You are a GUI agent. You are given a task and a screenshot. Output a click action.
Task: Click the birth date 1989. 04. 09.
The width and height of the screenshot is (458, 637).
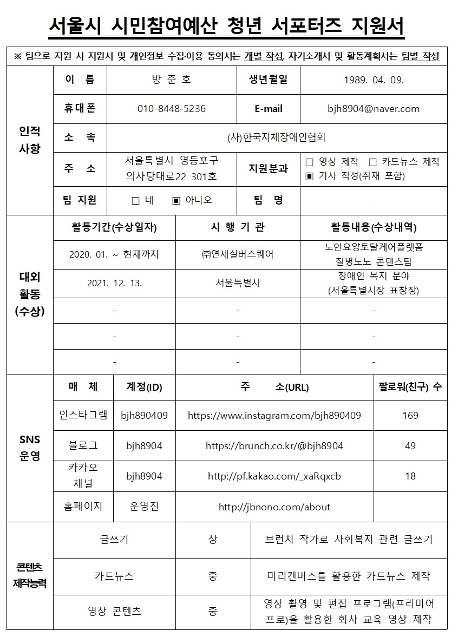[x=374, y=80]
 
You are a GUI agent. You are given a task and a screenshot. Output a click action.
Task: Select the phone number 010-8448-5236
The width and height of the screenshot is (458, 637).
[x=171, y=109]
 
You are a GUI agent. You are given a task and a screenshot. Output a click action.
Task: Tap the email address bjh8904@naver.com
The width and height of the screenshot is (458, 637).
[x=374, y=109]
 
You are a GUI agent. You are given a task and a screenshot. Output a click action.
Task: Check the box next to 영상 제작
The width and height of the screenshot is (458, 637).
[x=310, y=162]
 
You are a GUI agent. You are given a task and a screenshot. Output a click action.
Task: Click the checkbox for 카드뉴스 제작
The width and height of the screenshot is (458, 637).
[x=372, y=162]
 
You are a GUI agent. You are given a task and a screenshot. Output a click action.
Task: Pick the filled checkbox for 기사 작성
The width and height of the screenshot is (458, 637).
[x=310, y=176]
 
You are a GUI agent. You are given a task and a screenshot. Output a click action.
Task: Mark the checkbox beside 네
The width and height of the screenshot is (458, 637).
[x=135, y=201]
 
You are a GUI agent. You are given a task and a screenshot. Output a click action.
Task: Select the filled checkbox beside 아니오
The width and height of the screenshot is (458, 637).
[x=176, y=201]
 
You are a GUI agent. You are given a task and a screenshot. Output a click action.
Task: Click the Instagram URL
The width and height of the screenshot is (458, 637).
[x=274, y=416]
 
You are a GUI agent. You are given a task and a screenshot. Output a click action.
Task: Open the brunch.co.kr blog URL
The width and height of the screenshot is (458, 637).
[x=274, y=446]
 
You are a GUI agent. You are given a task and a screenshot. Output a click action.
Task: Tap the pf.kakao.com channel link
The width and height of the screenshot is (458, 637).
[x=274, y=476]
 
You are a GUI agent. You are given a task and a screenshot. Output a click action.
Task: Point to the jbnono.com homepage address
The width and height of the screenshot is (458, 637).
[x=274, y=507]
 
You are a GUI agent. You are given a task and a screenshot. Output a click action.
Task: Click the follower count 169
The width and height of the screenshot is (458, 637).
[x=410, y=416]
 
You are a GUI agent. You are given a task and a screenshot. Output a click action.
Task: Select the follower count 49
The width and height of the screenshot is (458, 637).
[x=410, y=446]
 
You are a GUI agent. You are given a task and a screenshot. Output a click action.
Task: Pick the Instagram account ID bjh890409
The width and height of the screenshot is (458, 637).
[x=144, y=416]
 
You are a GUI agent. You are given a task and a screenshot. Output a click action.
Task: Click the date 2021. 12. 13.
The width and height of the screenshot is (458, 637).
[x=114, y=283]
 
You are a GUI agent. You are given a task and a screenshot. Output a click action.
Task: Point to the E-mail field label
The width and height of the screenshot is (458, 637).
[x=269, y=109]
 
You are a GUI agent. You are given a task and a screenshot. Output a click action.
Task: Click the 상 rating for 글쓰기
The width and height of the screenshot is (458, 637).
[x=213, y=540]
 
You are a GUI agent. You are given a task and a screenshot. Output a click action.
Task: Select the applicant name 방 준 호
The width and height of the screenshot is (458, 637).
[x=171, y=80]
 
